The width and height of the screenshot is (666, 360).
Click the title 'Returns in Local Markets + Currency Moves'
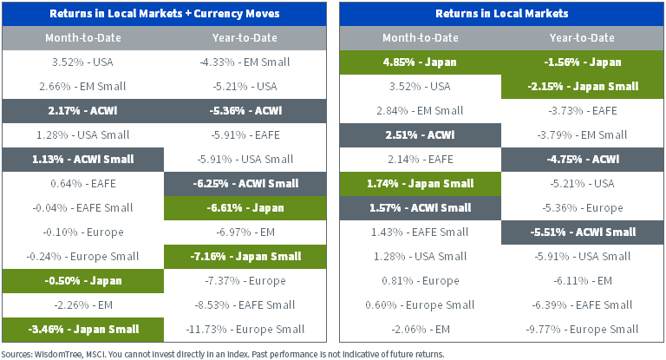166,14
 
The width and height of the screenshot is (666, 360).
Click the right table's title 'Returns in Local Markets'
502,14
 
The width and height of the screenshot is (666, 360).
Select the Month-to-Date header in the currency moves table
82,38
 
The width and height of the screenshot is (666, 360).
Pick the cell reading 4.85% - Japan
420,62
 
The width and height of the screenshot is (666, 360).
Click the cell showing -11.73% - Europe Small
246,329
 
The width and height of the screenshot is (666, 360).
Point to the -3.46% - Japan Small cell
82,329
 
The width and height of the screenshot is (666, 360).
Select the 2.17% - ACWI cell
82,111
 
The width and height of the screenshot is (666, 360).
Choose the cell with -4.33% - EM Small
246,62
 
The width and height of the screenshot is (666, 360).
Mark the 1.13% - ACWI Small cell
82,160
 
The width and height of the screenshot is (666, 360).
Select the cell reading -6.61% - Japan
246,208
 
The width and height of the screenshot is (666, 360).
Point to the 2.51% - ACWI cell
420,135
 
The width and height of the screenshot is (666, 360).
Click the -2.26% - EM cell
82,304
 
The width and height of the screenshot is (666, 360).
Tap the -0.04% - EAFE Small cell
82,208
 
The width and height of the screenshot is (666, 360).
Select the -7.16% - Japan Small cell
246,256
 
